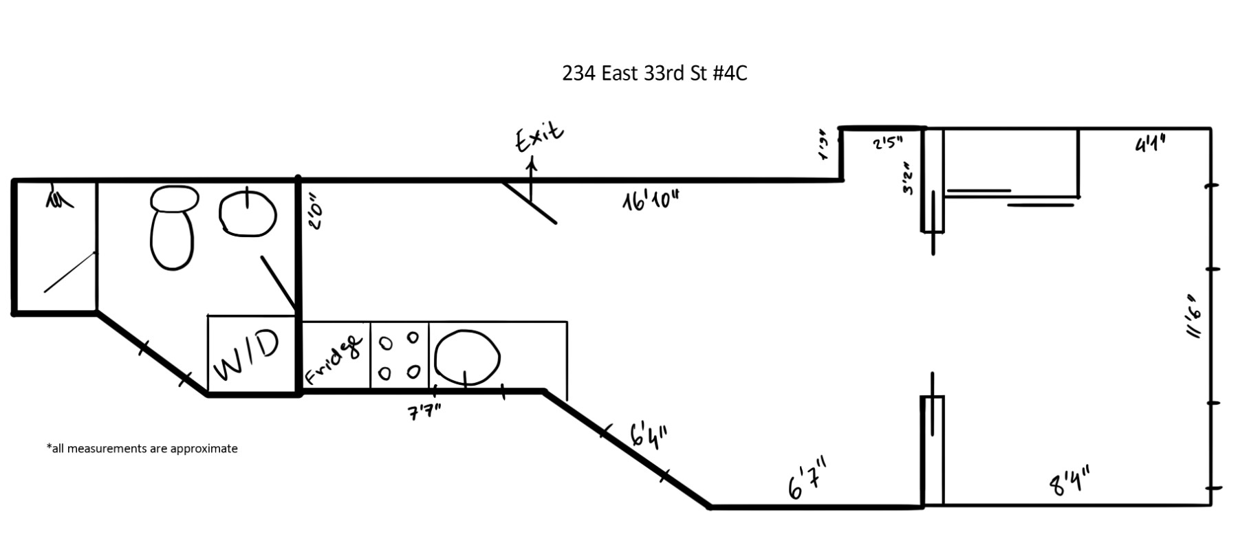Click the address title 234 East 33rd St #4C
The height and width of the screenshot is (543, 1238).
point(654,73)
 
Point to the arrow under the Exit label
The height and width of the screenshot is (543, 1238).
point(531,177)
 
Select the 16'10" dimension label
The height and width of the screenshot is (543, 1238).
point(651,201)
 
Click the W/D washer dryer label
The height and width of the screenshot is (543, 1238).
point(247,355)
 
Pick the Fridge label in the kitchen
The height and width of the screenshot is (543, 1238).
point(334,359)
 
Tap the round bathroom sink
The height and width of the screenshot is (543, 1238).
point(248,213)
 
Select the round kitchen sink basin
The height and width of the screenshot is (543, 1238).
point(467,357)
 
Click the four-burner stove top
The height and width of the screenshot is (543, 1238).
point(399,355)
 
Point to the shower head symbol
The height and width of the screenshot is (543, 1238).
point(58,198)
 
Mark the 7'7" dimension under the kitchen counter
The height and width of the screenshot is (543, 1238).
point(424,412)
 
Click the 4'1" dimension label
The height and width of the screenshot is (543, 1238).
point(1149,144)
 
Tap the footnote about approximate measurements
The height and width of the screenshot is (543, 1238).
point(142,449)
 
